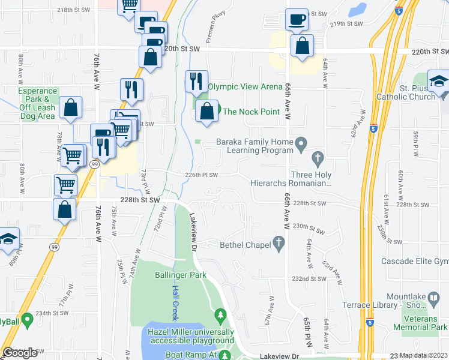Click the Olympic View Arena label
(x=245, y=87)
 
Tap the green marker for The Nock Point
(x=218, y=111)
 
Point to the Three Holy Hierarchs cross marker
(x=318, y=159)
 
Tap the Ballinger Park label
(x=180, y=275)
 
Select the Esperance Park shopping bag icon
(x=71, y=109)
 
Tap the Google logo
(x=19, y=353)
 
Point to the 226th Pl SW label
(x=201, y=175)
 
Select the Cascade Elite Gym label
(x=415, y=262)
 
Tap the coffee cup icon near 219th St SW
(x=297, y=20)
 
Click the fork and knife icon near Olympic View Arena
(x=196, y=81)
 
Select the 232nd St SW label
(x=309, y=279)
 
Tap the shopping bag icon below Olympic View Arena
(x=206, y=111)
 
